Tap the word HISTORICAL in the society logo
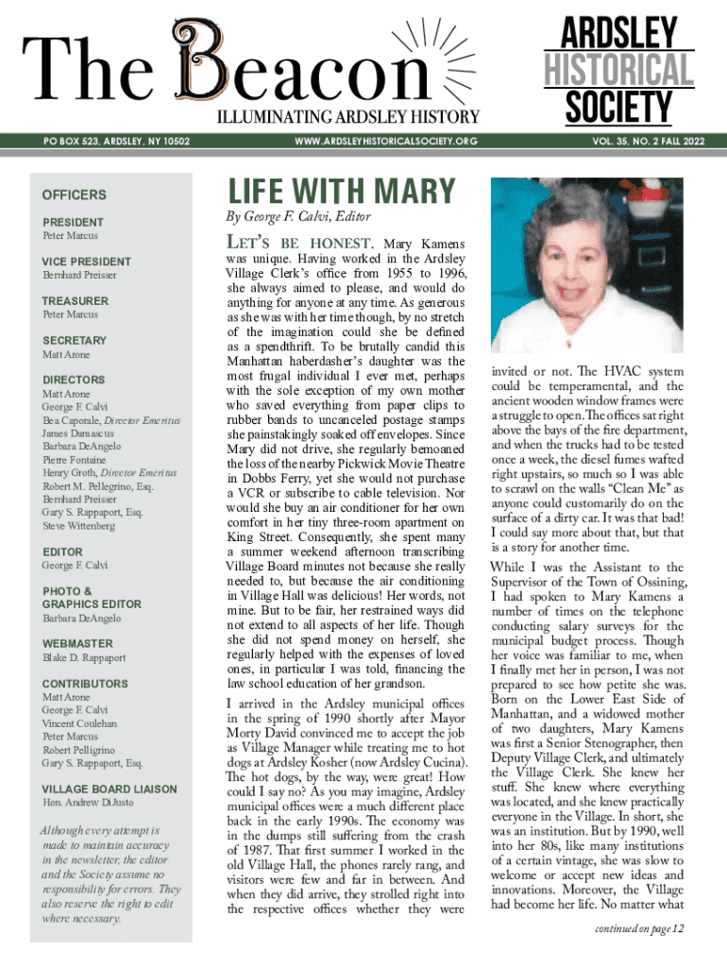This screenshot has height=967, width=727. pyautogui.click(x=617, y=71)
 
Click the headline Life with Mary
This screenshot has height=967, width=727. pyautogui.click(x=341, y=192)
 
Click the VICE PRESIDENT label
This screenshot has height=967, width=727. pyautogui.click(x=87, y=262)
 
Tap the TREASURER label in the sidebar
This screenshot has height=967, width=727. pyautogui.click(x=76, y=301)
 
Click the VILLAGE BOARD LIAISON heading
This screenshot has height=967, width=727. pyautogui.click(x=110, y=789)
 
